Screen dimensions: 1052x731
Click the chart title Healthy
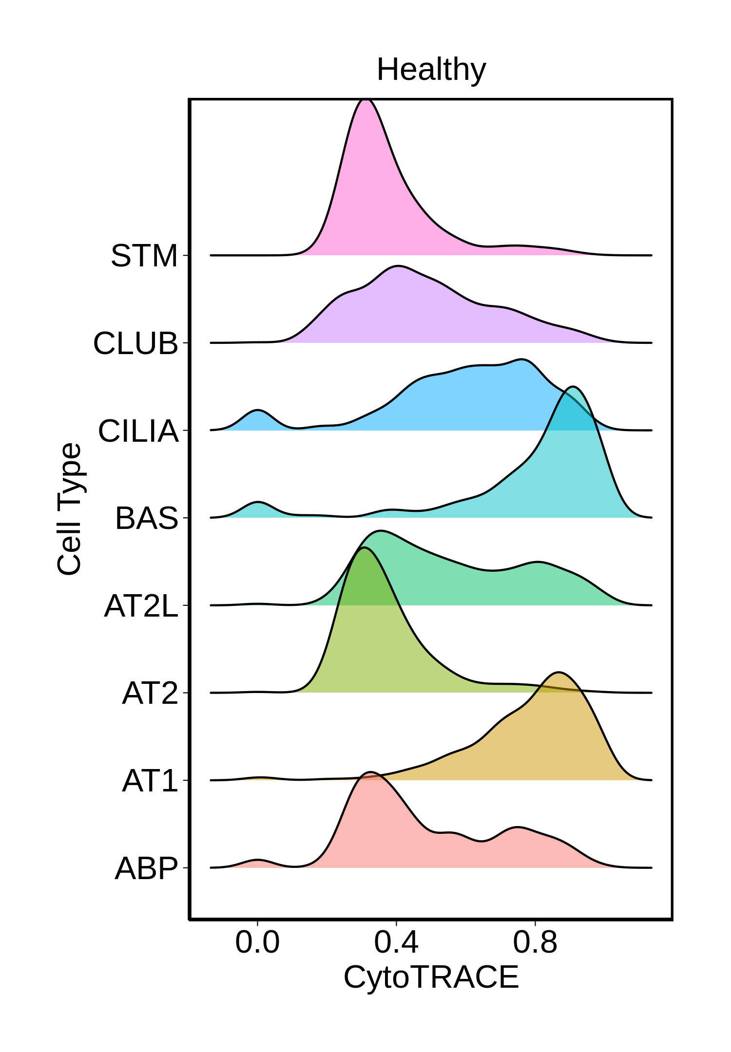[x=431, y=70]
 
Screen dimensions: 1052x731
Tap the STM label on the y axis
[x=144, y=256]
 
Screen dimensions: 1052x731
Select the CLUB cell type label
[x=135, y=343]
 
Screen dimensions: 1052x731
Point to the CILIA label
[x=138, y=431]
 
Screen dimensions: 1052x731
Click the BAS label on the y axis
[x=147, y=518]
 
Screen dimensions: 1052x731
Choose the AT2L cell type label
[x=141, y=606]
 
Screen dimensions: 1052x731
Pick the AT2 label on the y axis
[x=150, y=693]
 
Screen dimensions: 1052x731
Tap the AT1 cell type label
[x=150, y=781]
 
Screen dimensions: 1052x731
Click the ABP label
[x=146, y=868]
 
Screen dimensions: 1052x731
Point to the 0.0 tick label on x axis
[x=257, y=942]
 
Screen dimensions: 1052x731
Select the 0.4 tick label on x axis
[x=396, y=942]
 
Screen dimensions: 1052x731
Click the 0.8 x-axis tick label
[x=535, y=942]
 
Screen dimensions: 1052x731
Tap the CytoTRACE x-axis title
[x=431, y=977]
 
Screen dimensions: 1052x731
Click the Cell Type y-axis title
[x=69, y=509]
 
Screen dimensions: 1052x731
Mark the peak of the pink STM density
[x=365, y=100]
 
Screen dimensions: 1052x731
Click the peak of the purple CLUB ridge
[x=398, y=266]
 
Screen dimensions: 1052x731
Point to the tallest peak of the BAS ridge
[x=573, y=387]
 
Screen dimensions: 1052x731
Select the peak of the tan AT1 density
[x=559, y=673]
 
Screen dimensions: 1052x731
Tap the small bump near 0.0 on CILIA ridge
[x=258, y=411]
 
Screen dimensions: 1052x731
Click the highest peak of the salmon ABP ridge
[x=371, y=772]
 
